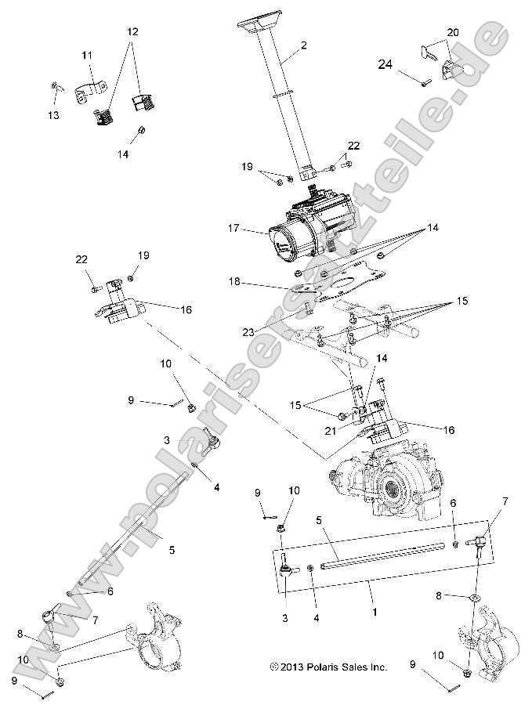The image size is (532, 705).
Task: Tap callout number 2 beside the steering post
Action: pos(303,45)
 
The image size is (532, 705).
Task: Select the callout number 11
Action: pos(87,55)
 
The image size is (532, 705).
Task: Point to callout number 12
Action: pos(132,32)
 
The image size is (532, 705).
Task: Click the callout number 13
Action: pos(53,115)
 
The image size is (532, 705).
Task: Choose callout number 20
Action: pos(453,32)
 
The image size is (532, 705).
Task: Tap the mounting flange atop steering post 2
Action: pos(257,26)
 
